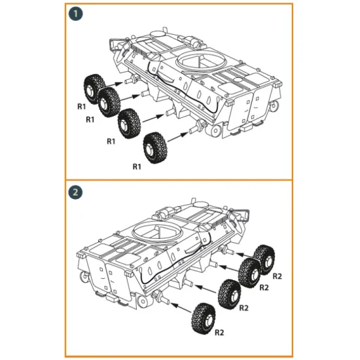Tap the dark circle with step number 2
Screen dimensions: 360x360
(x=77, y=192)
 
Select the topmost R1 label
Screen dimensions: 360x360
(x=81, y=106)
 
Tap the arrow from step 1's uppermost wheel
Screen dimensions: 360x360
(x=115, y=82)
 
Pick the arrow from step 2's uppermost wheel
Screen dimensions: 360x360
(x=243, y=255)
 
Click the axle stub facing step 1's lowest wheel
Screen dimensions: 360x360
(x=196, y=126)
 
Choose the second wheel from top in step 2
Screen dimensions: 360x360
(x=250, y=271)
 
